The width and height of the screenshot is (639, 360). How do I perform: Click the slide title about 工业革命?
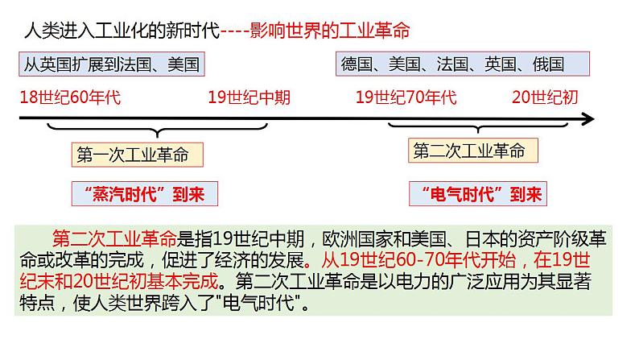coord(216,31)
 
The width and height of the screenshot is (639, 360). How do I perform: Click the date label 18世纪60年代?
coord(69,98)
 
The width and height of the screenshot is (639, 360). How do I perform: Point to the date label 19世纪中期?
coord(249,98)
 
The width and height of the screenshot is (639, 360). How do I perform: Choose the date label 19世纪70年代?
coord(406,98)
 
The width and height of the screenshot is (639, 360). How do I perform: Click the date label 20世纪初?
coord(545,98)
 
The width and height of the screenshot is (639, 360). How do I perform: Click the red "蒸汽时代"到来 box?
coord(144,194)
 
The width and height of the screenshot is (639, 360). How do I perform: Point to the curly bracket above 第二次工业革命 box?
coord(473,130)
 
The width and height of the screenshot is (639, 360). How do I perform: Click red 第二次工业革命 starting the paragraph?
coord(113,239)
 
